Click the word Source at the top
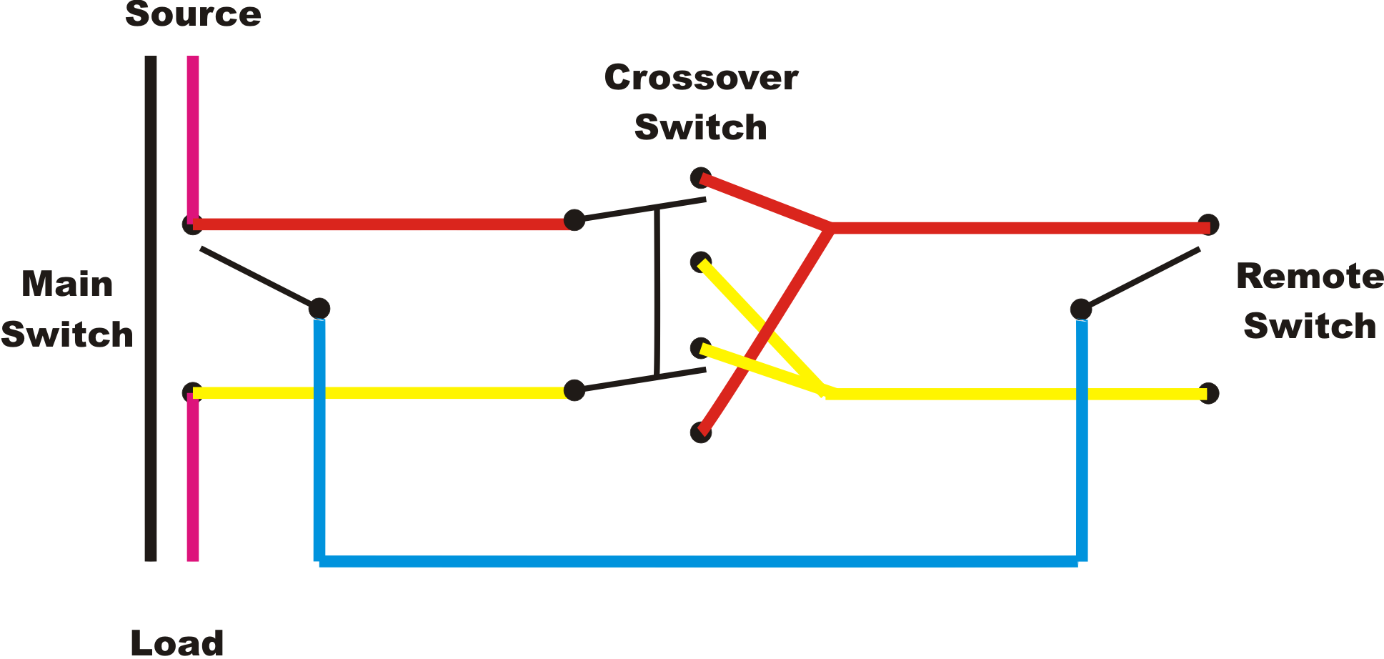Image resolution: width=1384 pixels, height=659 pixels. (x=193, y=14)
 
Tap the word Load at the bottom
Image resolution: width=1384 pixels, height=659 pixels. (x=177, y=643)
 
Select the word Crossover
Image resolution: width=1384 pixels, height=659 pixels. (x=700, y=78)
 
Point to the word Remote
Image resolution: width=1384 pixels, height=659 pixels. (x=1309, y=277)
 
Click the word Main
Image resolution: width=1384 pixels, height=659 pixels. (x=67, y=284)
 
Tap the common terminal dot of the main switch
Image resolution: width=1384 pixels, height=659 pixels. (x=319, y=309)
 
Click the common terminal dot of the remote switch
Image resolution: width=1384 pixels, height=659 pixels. (x=1081, y=309)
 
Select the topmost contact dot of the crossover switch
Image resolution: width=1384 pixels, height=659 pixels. (x=700, y=177)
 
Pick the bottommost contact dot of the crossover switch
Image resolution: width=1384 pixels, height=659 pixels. (x=701, y=432)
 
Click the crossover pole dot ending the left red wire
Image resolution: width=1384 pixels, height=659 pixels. (x=574, y=220)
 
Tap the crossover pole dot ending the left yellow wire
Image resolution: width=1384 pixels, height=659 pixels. (x=574, y=390)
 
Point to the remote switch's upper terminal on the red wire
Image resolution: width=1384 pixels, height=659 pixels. (x=1208, y=225)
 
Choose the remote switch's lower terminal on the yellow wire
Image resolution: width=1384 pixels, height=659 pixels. (x=1208, y=393)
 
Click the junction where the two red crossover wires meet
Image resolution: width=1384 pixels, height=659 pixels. (x=830, y=228)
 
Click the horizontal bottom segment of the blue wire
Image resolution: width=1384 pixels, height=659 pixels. (x=700, y=561)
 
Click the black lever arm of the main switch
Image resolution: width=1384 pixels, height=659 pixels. (x=257, y=277)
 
